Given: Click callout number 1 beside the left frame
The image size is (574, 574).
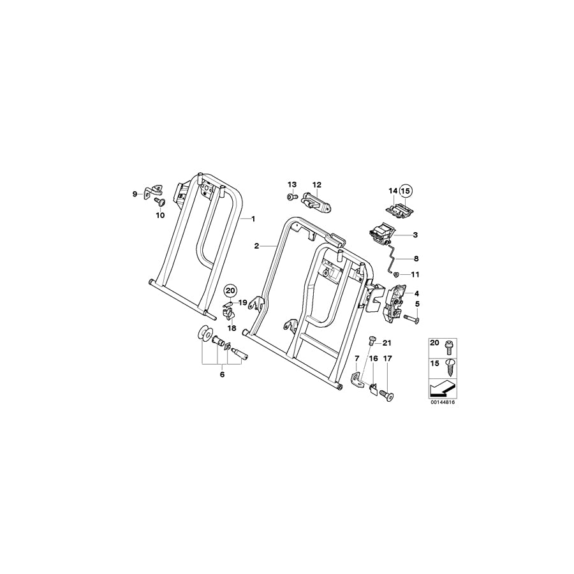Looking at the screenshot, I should click(253, 219).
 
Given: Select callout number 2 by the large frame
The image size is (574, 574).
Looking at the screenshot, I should click(256, 246).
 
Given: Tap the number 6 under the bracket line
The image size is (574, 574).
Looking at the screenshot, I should click(222, 375).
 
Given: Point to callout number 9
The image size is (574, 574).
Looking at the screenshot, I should click(135, 194).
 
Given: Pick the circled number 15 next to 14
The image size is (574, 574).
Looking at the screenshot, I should click(406, 190).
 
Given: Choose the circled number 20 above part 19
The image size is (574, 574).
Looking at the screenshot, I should click(230, 291).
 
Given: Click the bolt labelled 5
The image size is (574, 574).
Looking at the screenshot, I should click(410, 317).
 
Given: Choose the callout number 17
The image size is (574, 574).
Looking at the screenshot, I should click(387, 359).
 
